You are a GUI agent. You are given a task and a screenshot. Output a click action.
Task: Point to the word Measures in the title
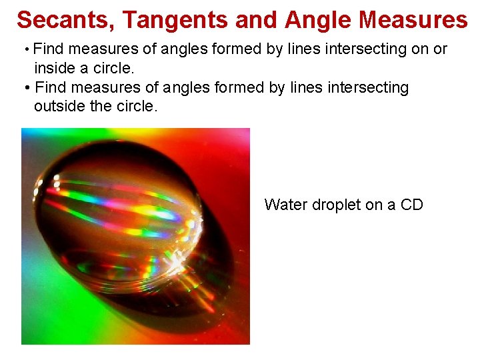(413, 21)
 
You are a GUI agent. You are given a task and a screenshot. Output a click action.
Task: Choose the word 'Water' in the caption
(285, 205)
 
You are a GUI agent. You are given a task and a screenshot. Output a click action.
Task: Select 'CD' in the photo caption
(411, 205)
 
